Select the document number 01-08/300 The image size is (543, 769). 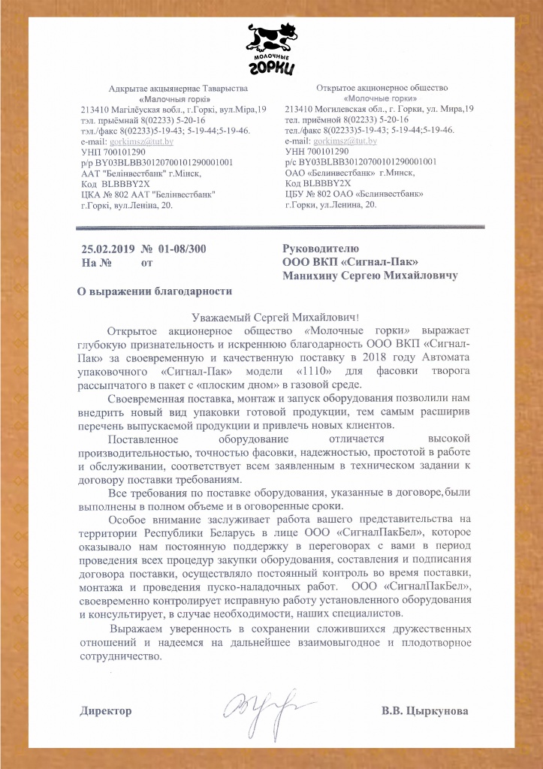181,249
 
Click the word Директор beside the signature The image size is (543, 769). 106,710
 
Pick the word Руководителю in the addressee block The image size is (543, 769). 321,248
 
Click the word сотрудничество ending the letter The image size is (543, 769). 119,656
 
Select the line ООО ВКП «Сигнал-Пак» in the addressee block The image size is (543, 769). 350,261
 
